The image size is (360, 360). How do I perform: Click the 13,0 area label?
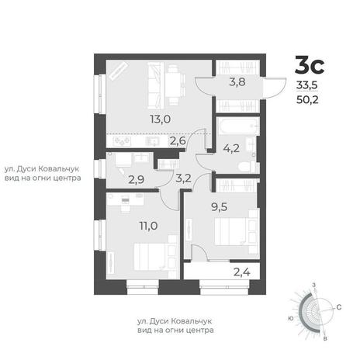(161, 119)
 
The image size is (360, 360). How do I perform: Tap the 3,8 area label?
(237, 82)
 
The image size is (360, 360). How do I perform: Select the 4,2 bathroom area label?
(231, 148)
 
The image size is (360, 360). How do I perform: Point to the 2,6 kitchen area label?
(178, 141)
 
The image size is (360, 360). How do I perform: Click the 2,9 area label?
(137, 179)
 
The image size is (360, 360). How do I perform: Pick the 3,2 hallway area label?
(183, 178)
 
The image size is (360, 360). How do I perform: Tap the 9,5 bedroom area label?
(220, 207)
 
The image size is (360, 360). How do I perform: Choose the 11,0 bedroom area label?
(149, 226)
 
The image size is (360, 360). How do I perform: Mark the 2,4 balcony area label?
(242, 272)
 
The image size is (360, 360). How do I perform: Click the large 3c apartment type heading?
(310, 65)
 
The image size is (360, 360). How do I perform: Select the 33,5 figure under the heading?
(307, 85)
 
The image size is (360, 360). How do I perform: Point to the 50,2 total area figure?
(307, 99)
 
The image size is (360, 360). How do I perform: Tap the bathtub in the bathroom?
(237, 126)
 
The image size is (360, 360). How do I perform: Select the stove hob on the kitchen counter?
(122, 141)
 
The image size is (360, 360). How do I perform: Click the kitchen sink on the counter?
(153, 141)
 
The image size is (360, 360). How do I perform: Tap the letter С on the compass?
(339, 307)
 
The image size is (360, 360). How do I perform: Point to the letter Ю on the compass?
(290, 319)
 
